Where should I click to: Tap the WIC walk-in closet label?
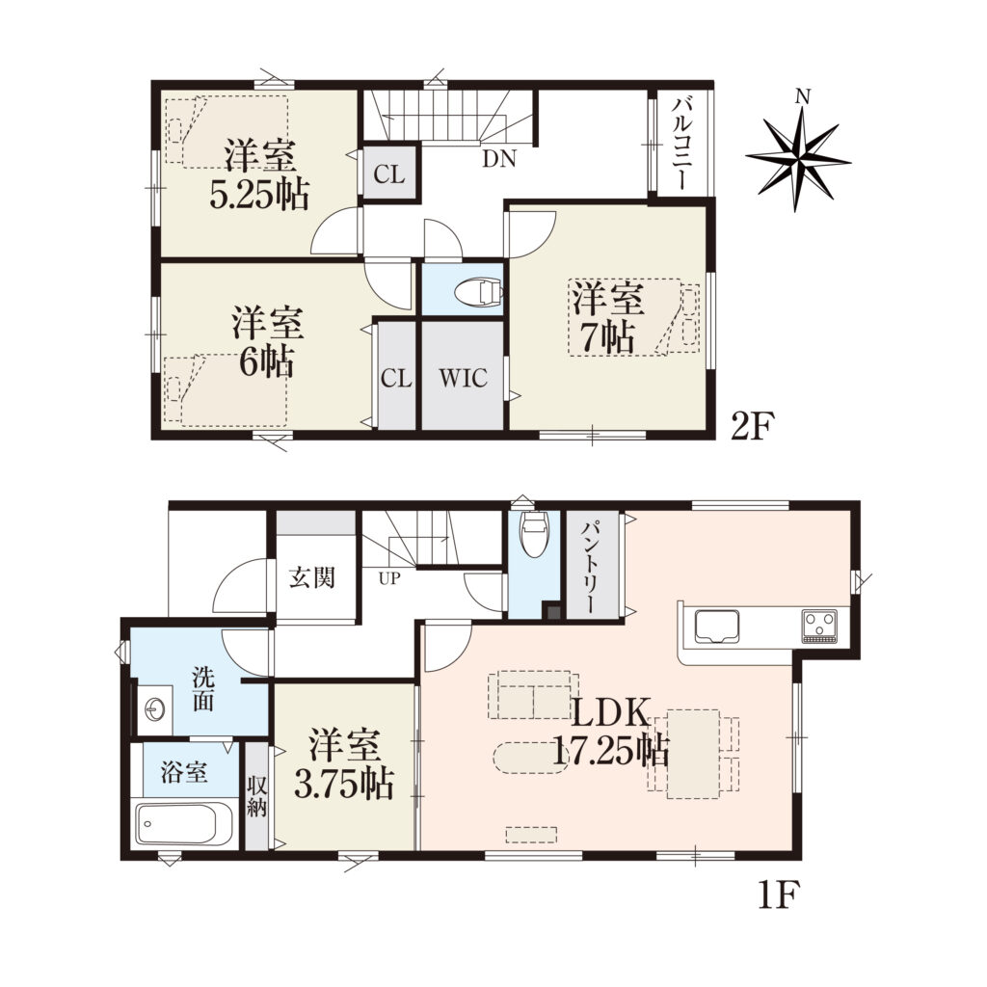point(463,378)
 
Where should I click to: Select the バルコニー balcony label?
point(681,144)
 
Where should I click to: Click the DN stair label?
point(499,159)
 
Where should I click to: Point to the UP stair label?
point(389,578)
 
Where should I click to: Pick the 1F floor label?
point(778,894)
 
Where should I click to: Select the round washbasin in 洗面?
point(155,709)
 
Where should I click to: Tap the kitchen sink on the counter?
point(718,627)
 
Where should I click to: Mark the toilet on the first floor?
point(535,534)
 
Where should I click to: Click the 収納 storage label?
point(256,795)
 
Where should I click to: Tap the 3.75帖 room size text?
point(344,784)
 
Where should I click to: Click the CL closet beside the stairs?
point(389,173)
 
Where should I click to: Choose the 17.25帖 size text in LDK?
point(610,750)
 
